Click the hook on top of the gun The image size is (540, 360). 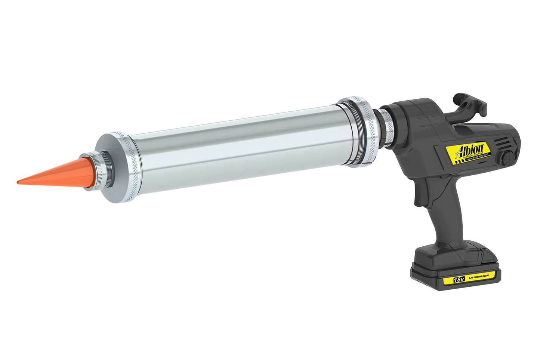469,103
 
